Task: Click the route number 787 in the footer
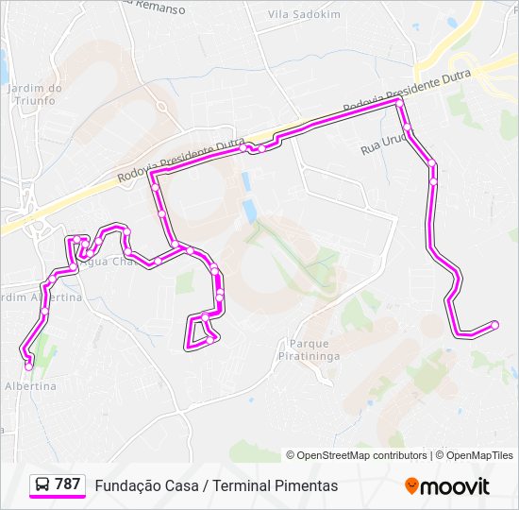(x=67, y=484)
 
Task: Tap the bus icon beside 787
(x=42, y=485)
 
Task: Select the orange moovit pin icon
(x=411, y=486)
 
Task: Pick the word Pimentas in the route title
(x=307, y=485)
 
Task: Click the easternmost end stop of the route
(x=494, y=324)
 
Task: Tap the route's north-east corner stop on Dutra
(x=399, y=98)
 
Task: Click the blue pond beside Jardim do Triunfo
(x=3, y=65)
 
